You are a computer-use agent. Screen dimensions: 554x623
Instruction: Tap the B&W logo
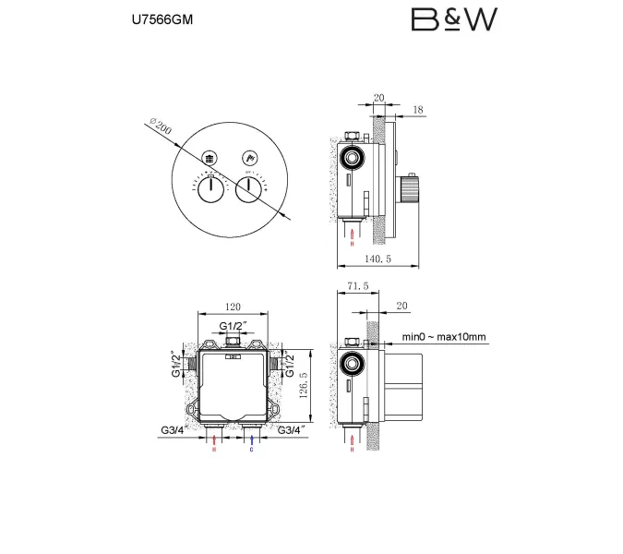[x=454, y=19]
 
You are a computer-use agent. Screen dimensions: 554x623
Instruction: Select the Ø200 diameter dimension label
[x=158, y=128]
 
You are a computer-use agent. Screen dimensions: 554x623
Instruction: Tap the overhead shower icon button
[x=210, y=157]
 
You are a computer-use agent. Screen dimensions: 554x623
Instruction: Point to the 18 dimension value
[x=418, y=109]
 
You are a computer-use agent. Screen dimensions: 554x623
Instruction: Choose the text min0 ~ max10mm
[x=443, y=338]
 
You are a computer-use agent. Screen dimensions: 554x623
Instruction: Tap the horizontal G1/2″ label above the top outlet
[x=233, y=327]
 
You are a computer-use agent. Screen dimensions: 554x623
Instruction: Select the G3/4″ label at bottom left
[x=174, y=429]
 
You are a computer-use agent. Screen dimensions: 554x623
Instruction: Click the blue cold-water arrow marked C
[x=251, y=443]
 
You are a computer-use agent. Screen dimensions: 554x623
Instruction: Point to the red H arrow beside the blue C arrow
[x=213, y=443]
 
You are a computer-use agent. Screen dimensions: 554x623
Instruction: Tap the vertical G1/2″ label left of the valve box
[x=175, y=366]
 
